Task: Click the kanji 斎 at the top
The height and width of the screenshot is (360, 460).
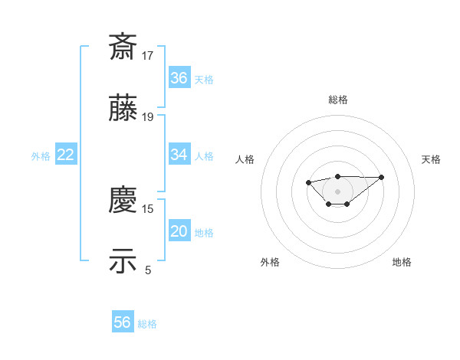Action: click(x=124, y=47)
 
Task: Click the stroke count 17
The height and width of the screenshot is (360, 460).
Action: click(x=149, y=55)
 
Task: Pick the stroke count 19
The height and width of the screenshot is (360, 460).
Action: click(x=149, y=116)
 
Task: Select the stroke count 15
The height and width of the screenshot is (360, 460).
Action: click(x=149, y=208)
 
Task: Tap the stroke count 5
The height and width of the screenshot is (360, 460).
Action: click(x=149, y=270)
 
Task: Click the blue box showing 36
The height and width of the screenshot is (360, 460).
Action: click(x=179, y=77)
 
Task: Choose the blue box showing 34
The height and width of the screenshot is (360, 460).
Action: click(x=179, y=155)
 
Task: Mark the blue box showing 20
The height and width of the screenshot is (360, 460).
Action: click(x=179, y=231)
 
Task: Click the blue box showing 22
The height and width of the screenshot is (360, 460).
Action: click(x=66, y=155)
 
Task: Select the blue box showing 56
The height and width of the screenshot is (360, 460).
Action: click(x=123, y=322)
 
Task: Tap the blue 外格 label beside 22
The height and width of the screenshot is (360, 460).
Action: click(x=41, y=155)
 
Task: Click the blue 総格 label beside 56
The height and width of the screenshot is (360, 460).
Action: click(x=147, y=324)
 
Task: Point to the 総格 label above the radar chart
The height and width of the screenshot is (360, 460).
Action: click(x=338, y=100)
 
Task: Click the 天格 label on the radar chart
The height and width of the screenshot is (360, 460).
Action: click(x=431, y=159)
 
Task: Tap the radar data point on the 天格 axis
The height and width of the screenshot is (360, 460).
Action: click(x=382, y=177)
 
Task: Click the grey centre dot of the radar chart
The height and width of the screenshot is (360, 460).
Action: click(x=337, y=191)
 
